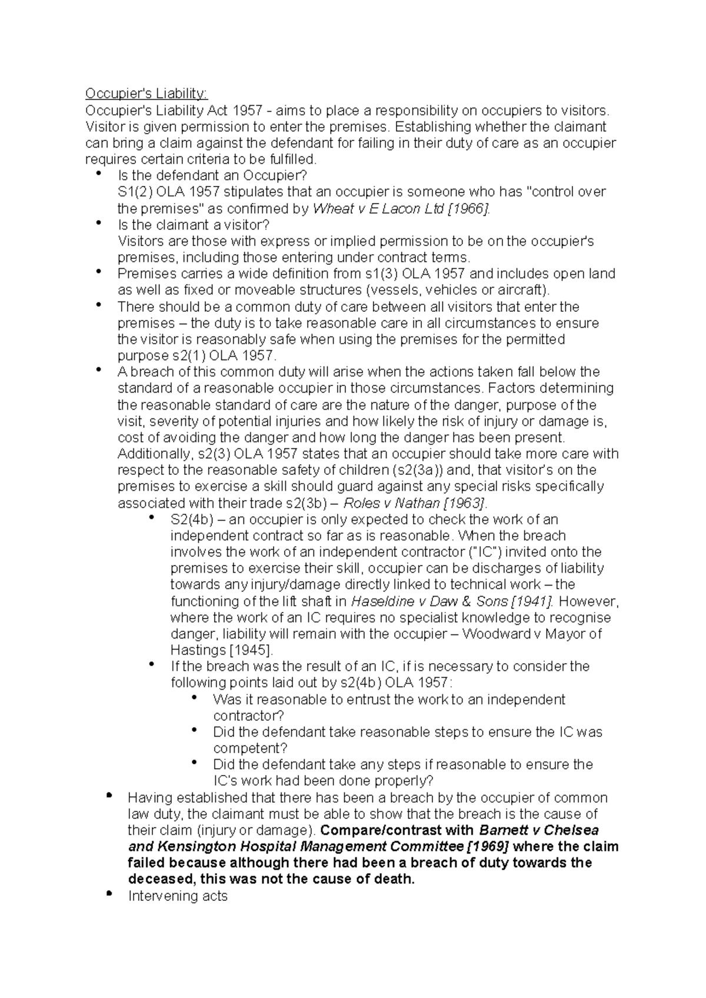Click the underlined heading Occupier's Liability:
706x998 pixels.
tap(146, 94)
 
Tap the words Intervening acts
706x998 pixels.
tap(178, 896)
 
